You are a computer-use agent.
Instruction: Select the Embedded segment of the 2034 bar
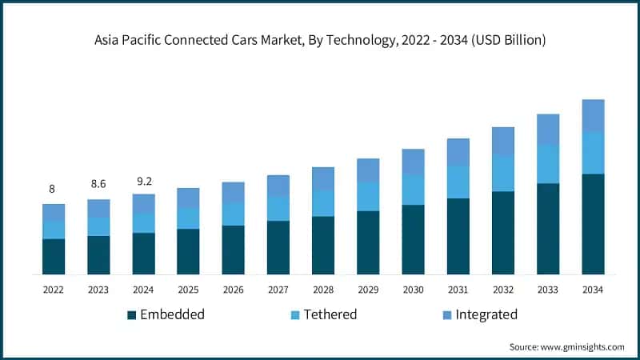(x=593, y=224)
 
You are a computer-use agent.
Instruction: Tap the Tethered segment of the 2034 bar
(x=593, y=153)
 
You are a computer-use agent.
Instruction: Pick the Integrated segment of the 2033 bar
(x=548, y=130)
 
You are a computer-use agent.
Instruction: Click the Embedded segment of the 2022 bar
(x=54, y=256)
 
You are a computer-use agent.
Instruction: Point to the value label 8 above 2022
(x=53, y=190)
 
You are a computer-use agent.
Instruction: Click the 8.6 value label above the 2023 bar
(x=98, y=185)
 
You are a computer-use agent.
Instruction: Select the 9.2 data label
(x=144, y=181)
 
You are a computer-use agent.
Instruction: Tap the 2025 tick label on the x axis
(x=188, y=290)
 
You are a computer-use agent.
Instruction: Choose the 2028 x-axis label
(x=323, y=290)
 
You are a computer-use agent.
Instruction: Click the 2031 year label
(x=458, y=290)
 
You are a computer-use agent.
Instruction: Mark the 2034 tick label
(x=593, y=290)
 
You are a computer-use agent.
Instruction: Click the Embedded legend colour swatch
(x=131, y=315)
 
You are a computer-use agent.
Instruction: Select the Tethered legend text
(x=330, y=314)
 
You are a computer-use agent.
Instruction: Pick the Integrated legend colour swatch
(x=446, y=315)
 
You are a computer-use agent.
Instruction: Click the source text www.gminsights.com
(x=566, y=346)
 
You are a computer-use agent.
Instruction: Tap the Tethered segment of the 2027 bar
(x=278, y=208)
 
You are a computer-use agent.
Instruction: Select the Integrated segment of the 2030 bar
(x=413, y=162)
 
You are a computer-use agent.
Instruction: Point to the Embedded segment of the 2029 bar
(x=368, y=242)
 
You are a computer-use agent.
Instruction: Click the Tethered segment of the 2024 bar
(x=144, y=222)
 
